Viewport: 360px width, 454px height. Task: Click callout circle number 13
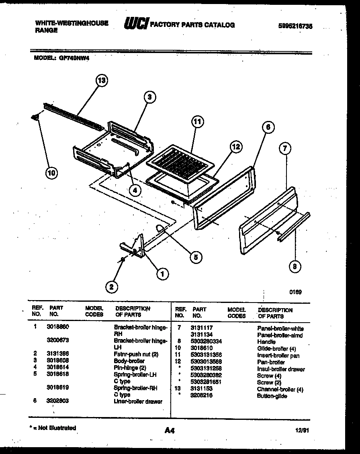click(102, 80)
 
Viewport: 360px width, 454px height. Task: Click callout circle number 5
click(195, 257)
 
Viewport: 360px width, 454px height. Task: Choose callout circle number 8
click(295, 266)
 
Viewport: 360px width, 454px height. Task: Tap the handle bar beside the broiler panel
click(293, 227)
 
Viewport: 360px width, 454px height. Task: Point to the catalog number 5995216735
click(295, 26)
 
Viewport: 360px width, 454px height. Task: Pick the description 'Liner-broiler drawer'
click(138, 401)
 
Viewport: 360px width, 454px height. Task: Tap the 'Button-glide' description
click(272, 396)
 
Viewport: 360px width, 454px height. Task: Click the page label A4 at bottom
click(170, 430)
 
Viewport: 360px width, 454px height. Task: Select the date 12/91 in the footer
click(302, 430)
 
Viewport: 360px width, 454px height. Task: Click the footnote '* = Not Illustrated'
click(53, 428)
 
